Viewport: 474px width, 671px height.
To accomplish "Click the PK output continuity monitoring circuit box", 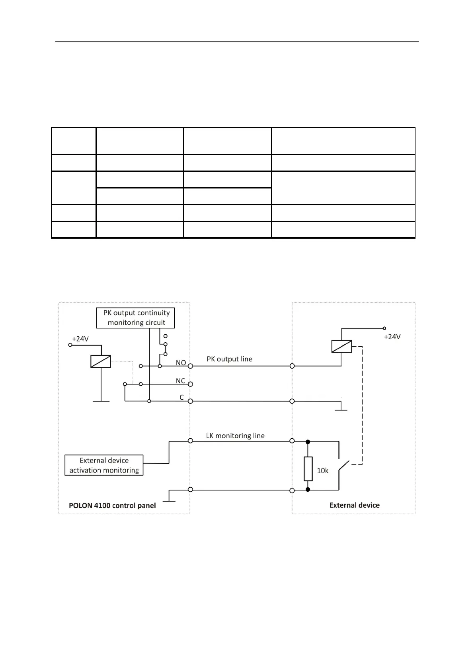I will [135, 318].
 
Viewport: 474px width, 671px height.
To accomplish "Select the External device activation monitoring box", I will [104, 465].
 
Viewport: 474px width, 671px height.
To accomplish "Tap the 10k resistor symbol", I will [308, 469].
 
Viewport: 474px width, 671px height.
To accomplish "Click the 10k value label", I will [322, 471].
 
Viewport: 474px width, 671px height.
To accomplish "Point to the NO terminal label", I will [181, 363].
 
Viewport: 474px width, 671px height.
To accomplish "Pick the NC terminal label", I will [180, 381].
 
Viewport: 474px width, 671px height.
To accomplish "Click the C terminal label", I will [181, 397].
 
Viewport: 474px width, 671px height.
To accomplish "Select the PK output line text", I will [229, 359].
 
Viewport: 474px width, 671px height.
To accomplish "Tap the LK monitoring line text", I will [235, 436].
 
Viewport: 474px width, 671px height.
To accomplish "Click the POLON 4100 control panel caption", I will [112, 506].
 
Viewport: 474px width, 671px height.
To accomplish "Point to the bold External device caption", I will [354, 505].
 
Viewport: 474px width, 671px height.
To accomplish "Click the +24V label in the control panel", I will [80, 339].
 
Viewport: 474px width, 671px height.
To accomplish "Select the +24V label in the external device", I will [392, 337].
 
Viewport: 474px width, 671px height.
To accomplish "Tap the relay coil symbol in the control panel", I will [101, 361].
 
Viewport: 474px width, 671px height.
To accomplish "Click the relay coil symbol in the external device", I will [341, 346].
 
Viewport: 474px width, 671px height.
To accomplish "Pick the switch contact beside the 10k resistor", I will [343, 466].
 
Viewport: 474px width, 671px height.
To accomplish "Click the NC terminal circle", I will [190, 384].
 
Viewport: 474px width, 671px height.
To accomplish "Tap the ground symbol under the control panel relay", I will [101, 401].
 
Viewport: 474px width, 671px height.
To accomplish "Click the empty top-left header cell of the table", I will [74, 141].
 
